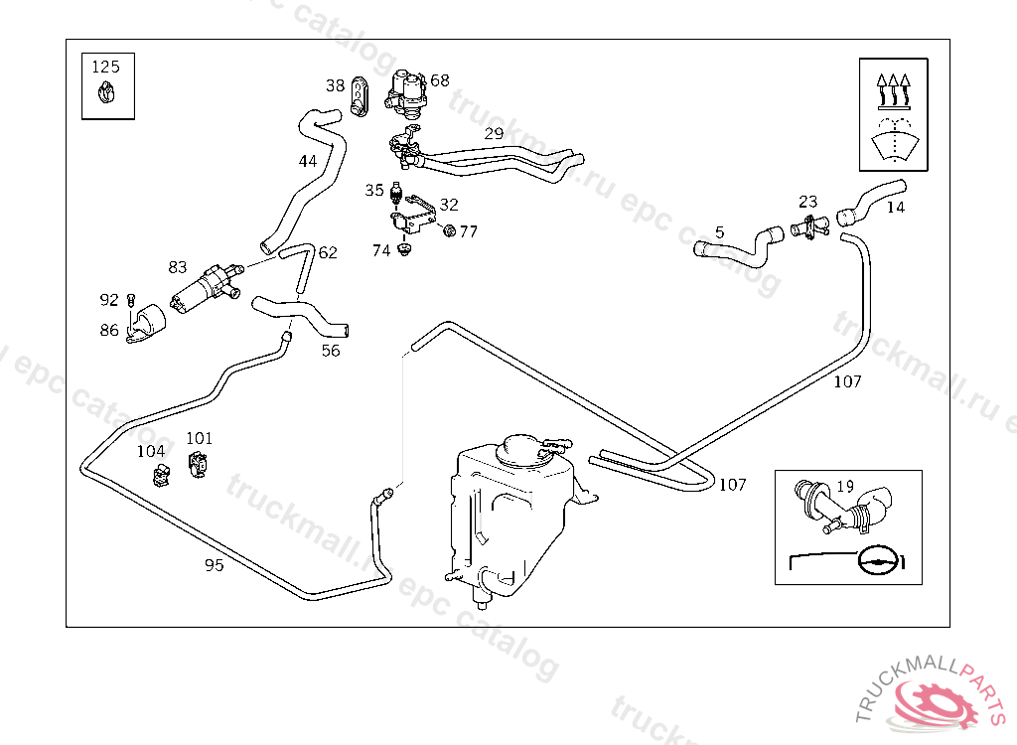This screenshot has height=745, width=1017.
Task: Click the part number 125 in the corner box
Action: (106, 67)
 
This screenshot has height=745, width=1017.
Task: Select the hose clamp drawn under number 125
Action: (106, 95)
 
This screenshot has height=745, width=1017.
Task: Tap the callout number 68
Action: (440, 80)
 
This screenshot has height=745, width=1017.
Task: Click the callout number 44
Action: (308, 161)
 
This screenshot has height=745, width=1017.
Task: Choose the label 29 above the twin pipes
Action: (494, 134)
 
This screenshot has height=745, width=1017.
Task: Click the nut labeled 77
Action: (448, 231)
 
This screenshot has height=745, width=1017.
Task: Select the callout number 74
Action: (381, 251)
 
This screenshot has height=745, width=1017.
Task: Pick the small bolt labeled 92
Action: (131, 299)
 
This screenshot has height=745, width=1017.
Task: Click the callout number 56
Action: (331, 350)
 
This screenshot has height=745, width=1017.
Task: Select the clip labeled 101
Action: (199, 462)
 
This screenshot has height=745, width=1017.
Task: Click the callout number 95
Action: (214, 565)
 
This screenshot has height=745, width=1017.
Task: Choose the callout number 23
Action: (807, 203)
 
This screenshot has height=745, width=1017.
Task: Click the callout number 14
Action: (896, 208)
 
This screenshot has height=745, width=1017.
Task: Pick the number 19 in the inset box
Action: (845, 486)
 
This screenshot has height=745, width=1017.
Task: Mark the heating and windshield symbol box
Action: (894, 114)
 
